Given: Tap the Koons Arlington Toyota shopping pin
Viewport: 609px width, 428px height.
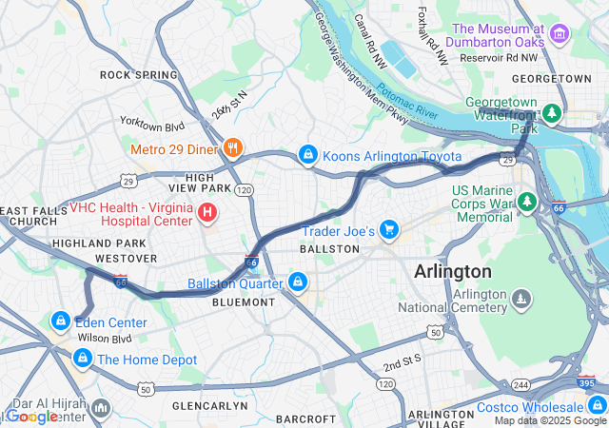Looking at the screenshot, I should pos(307,153).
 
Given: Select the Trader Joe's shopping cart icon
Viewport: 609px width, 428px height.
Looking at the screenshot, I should pos(388,229).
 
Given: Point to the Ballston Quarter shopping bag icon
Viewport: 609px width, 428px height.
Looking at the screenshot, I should pos(299,282).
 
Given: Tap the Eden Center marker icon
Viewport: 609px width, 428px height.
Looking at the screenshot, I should pos(61,321).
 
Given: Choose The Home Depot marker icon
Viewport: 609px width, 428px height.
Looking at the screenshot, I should pos(82,359).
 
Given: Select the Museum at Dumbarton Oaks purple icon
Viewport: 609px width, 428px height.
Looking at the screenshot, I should pos(559,36).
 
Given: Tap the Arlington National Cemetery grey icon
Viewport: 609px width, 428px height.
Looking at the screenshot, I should pos(521,300).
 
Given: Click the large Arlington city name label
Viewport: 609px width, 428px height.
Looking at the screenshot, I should pos(453,271).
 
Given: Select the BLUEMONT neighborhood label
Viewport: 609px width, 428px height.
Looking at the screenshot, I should pos(244,302).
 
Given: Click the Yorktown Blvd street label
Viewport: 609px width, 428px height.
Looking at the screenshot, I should pos(151,123).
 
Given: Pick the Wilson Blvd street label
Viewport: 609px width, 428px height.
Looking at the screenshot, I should pos(105,338).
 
